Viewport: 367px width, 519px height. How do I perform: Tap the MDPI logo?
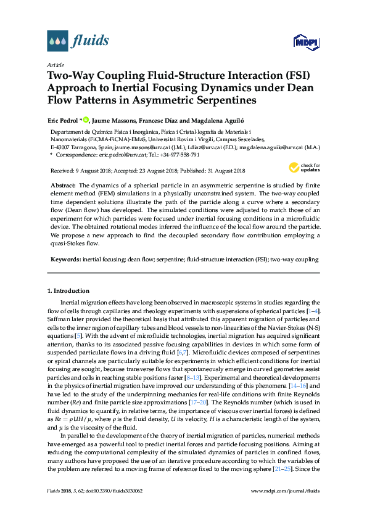306,43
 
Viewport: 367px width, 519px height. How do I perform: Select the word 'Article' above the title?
55,64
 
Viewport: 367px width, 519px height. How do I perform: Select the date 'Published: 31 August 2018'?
212,171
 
